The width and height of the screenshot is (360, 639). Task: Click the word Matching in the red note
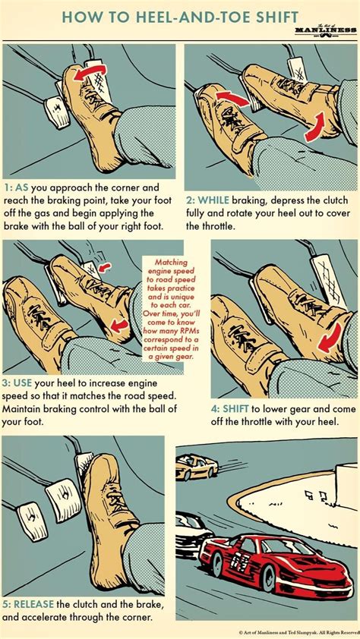pos(175,262)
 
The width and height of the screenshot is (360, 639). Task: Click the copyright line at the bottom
pos(297,631)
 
